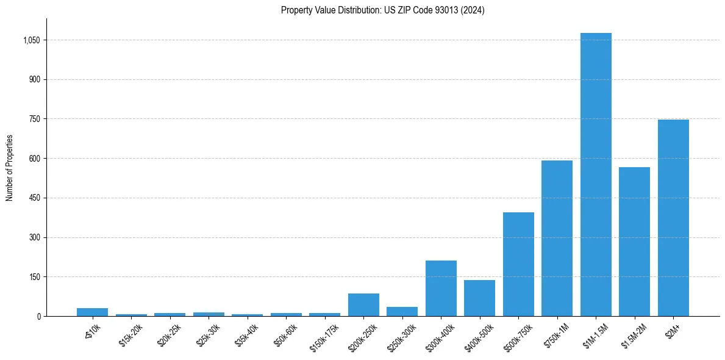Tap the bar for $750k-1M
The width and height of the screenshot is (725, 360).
tap(557, 238)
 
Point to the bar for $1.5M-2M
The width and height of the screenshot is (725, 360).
tap(634, 242)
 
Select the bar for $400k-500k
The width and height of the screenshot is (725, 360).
tap(479, 298)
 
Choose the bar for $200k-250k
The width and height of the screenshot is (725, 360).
tap(363, 304)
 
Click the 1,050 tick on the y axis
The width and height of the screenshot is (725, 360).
tap(31, 40)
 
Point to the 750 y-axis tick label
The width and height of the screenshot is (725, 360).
tap(34, 119)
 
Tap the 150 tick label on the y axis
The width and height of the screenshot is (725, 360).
tap(34, 277)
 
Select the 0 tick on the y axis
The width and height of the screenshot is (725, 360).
tap(38, 316)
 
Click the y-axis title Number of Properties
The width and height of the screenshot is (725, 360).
tap(10, 168)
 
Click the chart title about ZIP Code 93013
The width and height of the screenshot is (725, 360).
tap(382, 10)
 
